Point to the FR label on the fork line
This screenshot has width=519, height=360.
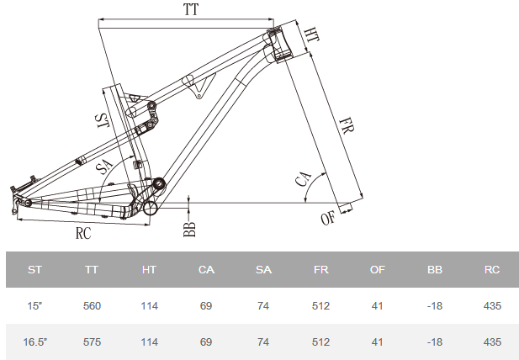point(346,129)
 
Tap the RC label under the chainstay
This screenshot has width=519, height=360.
point(82,234)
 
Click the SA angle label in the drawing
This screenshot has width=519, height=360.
point(105,167)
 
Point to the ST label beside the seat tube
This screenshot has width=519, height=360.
point(101,120)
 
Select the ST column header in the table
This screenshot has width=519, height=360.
point(34,270)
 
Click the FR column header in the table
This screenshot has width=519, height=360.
point(320,270)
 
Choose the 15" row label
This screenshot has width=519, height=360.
point(34,306)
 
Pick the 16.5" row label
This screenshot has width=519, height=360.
point(34,342)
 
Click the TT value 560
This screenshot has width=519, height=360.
point(92,306)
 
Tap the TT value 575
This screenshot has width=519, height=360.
point(92,342)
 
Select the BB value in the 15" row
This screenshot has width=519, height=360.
point(435,306)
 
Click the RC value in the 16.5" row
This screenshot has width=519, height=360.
point(492,342)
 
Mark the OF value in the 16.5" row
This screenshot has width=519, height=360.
point(378,342)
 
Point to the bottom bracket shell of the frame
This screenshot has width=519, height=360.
point(150,206)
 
